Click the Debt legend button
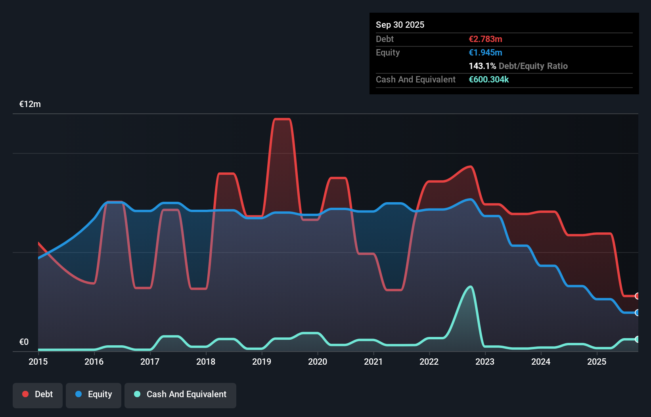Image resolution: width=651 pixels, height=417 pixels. click(38, 395)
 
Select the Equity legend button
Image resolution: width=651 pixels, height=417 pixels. click(94, 395)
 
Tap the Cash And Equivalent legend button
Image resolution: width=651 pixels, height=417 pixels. click(180, 395)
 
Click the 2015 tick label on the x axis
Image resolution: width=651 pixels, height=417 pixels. click(38, 362)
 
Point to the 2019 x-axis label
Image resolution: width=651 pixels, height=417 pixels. click(262, 362)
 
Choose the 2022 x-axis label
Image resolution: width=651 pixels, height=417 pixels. click(429, 362)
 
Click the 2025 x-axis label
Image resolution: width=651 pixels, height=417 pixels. click(597, 362)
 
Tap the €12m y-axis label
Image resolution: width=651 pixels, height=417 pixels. click(30, 104)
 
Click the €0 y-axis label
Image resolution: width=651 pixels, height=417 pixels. click(24, 342)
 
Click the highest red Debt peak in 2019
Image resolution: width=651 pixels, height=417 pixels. click(282, 119)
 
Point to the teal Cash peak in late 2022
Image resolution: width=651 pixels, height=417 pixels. click(471, 287)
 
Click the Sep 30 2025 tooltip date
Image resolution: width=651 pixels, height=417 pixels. click(400, 25)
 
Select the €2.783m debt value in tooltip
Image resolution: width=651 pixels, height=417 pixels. click(485, 39)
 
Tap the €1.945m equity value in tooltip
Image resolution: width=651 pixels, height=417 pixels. click(485, 52)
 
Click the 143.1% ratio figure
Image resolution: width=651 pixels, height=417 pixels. click(482, 66)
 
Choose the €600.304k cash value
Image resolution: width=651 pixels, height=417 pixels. click(488, 79)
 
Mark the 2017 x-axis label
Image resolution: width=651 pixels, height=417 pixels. click(150, 362)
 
